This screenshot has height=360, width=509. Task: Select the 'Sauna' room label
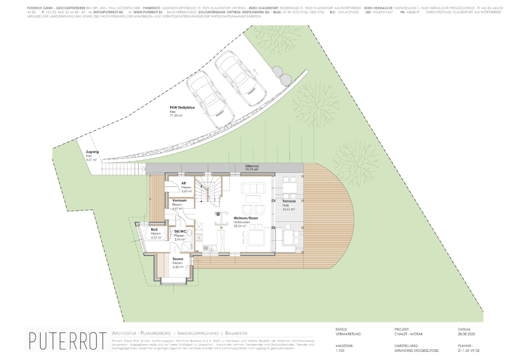click(178, 259)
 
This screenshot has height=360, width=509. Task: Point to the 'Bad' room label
click(154, 230)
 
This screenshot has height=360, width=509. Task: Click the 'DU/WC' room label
click(180, 232)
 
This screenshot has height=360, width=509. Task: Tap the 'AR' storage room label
click(183, 183)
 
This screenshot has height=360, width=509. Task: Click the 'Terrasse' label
click(289, 200)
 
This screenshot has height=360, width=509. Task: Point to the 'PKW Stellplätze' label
click(183, 107)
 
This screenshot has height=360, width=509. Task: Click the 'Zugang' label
click(92, 152)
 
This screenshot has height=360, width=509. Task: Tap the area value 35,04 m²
click(241, 226)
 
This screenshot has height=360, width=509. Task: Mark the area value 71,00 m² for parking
click(177, 116)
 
